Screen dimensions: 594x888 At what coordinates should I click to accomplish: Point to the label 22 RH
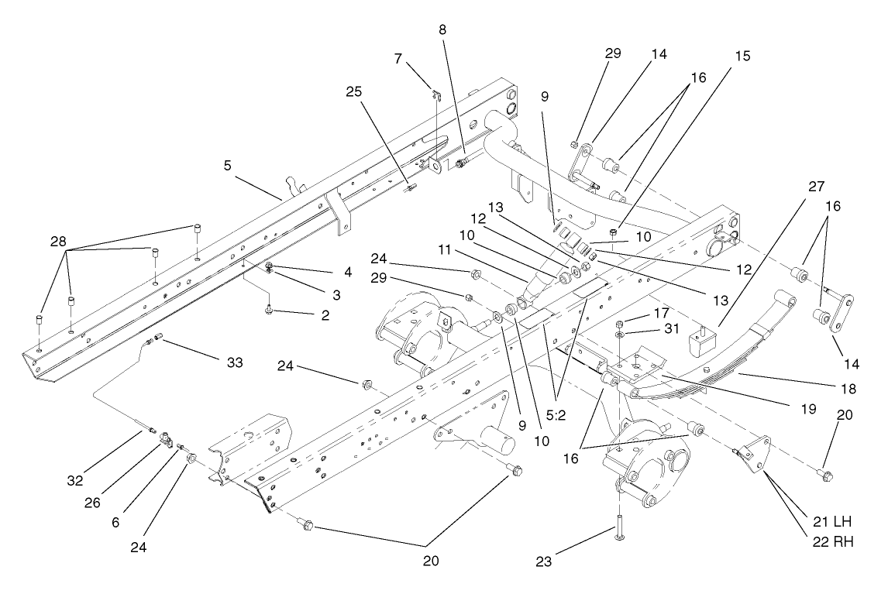832,542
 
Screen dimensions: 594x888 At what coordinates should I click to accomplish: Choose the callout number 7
399,60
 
